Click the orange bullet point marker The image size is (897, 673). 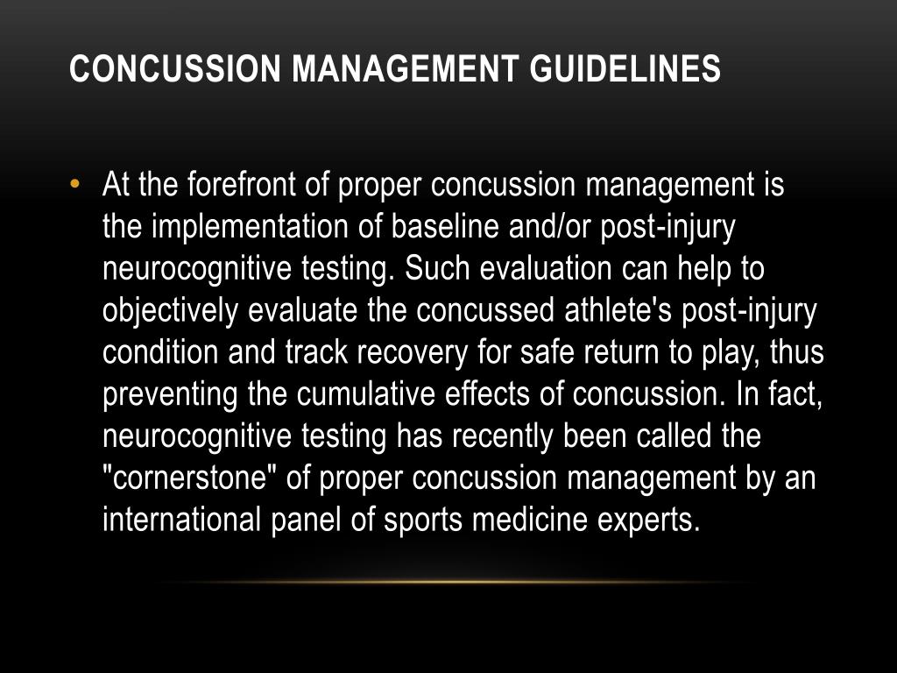click(x=76, y=185)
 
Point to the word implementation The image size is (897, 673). click(x=251, y=228)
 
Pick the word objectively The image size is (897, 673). click(x=172, y=311)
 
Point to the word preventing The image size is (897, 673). click(x=170, y=394)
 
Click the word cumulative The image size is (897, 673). click(x=366, y=394)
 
